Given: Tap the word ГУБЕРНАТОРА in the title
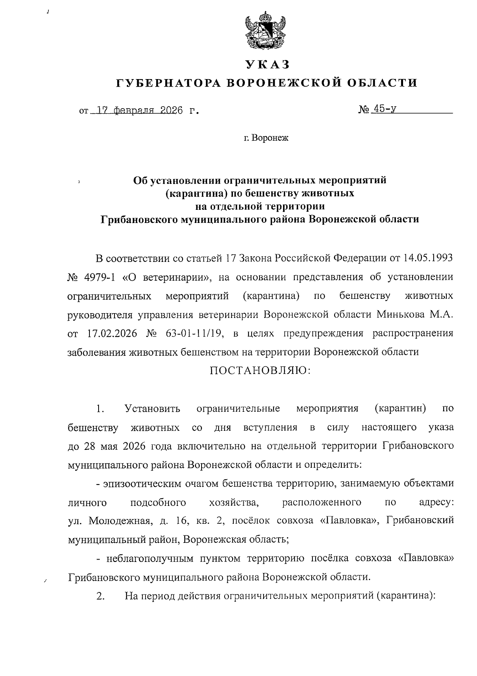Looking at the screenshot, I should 167,83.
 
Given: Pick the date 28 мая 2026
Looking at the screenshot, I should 113,446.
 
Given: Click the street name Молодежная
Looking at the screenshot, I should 119,521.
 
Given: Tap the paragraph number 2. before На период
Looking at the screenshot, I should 100,596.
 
